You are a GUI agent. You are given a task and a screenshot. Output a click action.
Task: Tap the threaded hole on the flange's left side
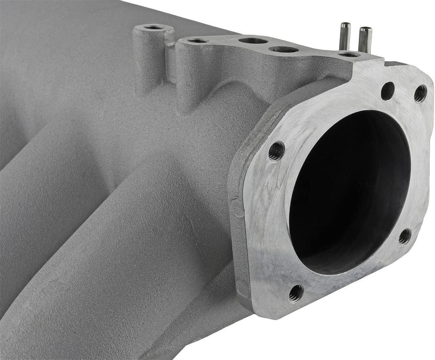(x=276, y=151)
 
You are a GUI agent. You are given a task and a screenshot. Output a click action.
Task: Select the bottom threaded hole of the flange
(x=296, y=293)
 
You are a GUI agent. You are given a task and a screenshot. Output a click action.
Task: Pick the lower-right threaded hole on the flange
(x=405, y=236)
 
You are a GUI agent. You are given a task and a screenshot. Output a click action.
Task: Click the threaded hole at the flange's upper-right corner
(x=420, y=93)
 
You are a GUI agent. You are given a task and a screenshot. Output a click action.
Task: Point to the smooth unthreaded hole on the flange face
(x=387, y=91)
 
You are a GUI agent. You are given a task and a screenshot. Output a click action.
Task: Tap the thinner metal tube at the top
(x=345, y=36)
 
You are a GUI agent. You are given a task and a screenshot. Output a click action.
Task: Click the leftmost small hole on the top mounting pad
(x=198, y=41)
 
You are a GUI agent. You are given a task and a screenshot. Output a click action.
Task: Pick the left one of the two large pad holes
(x=253, y=41)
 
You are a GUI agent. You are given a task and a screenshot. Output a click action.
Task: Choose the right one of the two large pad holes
(x=284, y=49)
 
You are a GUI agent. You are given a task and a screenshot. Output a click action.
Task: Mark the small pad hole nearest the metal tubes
(x=349, y=54)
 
